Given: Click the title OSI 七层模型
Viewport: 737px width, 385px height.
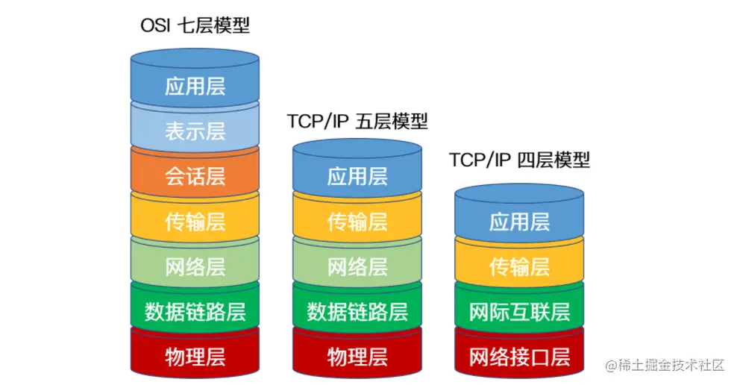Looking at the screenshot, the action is [x=195, y=25].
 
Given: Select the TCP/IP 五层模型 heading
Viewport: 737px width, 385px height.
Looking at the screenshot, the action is [x=357, y=122].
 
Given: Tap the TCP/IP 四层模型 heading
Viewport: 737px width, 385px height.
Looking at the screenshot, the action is [x=519, y=160].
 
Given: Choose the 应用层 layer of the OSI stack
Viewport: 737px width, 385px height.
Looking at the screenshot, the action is [x=195, y=81].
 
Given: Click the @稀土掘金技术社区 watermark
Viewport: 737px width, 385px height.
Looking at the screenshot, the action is [x=665, y=365].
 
